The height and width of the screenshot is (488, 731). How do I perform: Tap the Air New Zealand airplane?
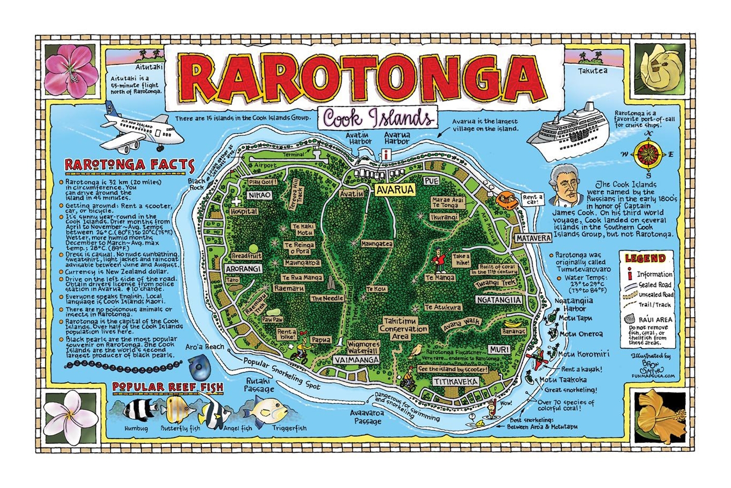pyautogui.click(x=142, y=130)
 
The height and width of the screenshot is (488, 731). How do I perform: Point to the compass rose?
pyautogui.click(x=648, y=154)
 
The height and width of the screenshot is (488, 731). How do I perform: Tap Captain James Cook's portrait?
pyautogui.click(x=564, y=186)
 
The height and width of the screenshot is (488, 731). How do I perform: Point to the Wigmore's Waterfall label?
pyautogui.click(x=364, y=347)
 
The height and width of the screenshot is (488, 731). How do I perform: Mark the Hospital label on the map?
pyautogui.click(x=244, y=211)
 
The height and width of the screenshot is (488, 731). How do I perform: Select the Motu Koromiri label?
pyautogui.click(x=583, y=354)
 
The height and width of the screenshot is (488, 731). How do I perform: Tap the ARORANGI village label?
pyautogui.click(x=244, y=269)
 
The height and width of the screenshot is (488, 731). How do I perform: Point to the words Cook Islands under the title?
pyautogui.click(x=378, y=118)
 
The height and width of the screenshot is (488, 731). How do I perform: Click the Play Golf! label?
pyautogui.click(x=263, y=182)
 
